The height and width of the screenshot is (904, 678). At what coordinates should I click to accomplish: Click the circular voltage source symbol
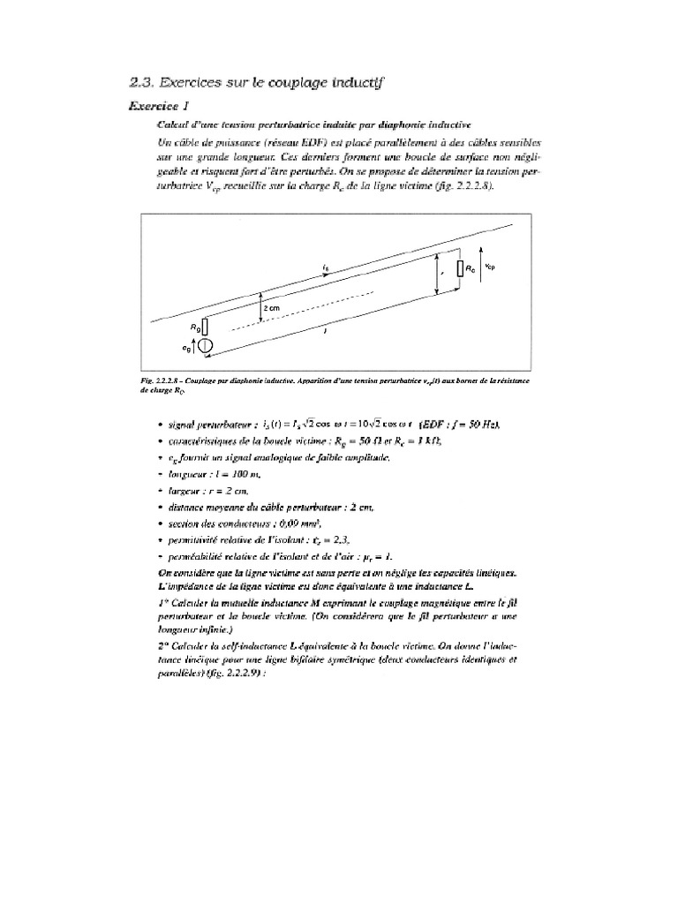pos(205,347)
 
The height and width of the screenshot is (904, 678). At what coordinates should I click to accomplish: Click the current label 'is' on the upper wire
pos(327,264)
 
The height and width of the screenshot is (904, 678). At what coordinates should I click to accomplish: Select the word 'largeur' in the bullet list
pos(173,491)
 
